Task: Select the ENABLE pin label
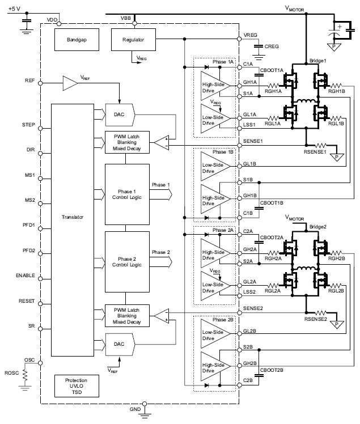pos(26,275)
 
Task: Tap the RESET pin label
pos(28,302)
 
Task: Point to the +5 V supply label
pos(16,9)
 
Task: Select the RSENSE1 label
pos(313,152)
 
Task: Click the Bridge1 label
pos(319,60)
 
